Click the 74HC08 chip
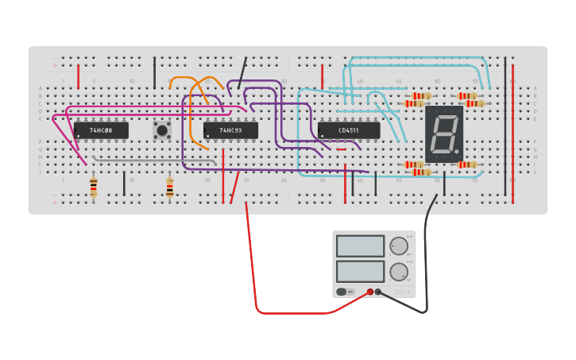tap(101, 130)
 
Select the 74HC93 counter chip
tap(230, 130)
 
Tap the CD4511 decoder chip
tap(349, 130)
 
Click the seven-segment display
tap(443, 134)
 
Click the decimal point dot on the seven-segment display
tap(457, 150)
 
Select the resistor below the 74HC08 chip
tap(94, 187)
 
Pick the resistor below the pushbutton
tap(169, 187)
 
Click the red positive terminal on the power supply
tap(369, 292)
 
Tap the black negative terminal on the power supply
tap(378, 292)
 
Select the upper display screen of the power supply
tap(360, 246)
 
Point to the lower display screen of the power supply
tap(360, 271)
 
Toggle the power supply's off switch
tap(344, 292)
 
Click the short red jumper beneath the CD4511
tap(341, 149)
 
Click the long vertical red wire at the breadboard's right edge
tap(512, 127)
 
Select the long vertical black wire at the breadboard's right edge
tap(504, 127)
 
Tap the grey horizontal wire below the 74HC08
tap(151, 157)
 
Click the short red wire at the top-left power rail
tap(78, 76)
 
